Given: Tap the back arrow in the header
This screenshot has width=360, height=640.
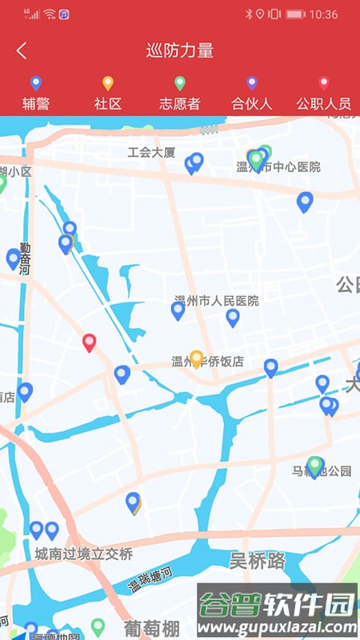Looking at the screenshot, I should [22, 50].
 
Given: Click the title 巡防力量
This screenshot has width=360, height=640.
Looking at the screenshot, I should [180, 50].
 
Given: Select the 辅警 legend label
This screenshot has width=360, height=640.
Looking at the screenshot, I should [35, 103].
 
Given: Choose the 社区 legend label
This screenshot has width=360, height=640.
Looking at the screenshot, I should [107, 103].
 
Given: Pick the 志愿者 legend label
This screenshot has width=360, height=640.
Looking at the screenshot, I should [179, 103].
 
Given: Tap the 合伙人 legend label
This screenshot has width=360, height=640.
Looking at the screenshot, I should [251, 103].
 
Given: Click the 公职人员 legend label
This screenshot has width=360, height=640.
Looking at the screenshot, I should [323, 103].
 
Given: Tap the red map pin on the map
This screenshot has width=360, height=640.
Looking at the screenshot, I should [90, 342].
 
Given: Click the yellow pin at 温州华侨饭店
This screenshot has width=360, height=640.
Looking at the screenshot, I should [196, 358].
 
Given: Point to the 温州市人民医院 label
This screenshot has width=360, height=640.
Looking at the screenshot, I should [217, 301].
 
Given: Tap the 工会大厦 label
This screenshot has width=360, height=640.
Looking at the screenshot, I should [151, 151].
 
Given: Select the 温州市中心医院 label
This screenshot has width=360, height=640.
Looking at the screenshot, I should [278, 167].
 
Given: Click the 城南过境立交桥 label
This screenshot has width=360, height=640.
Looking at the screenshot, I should [83, 554].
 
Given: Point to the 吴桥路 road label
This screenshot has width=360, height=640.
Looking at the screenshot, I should [258, 560].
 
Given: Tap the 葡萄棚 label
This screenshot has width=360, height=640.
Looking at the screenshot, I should [151, 626].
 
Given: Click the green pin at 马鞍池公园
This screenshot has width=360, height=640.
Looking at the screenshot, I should [315, 465].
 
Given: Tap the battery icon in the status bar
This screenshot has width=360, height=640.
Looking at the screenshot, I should [295, 14].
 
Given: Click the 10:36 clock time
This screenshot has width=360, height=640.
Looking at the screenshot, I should [323, 14].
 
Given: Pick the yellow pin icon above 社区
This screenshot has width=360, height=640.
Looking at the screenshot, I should [107, 82].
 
